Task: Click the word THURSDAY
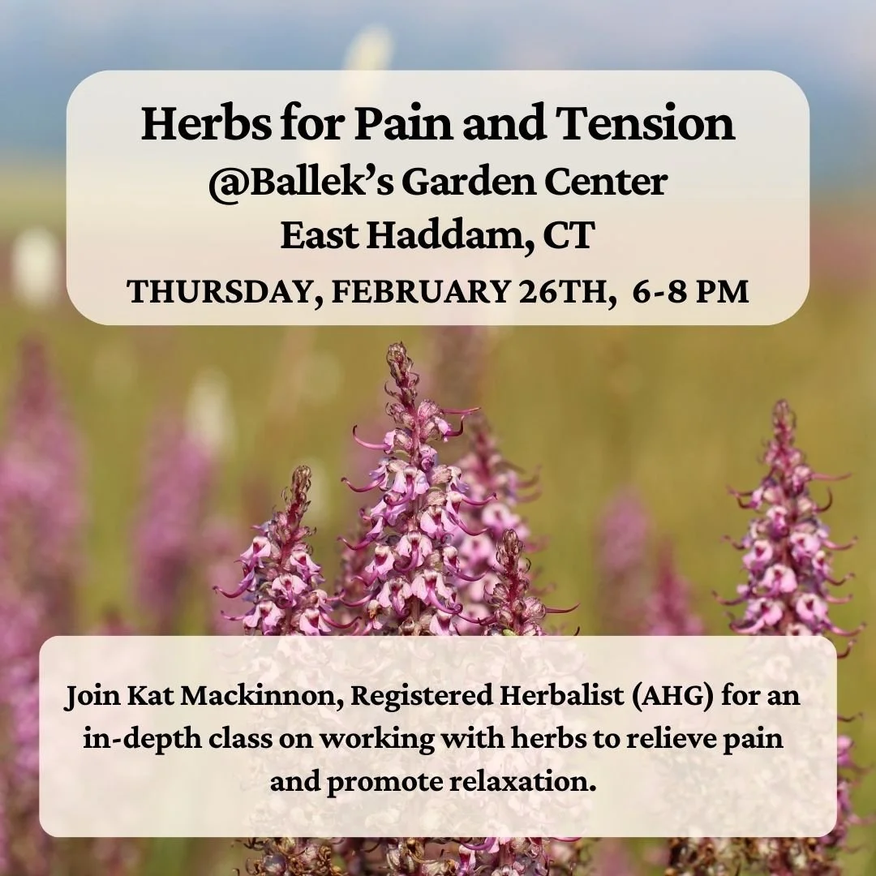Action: (217, 292)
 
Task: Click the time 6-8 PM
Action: (692, 292)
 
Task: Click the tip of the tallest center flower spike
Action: (397, 350)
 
